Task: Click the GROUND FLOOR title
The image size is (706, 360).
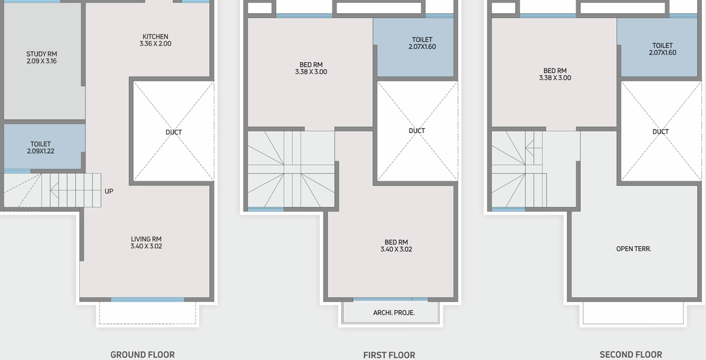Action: click(142, 354)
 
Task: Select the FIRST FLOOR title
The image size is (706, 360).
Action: click(389, 355)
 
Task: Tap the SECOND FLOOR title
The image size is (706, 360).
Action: click(631, 354)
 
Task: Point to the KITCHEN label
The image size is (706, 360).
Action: click(155, 37)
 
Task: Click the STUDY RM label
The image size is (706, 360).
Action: click(41, 54)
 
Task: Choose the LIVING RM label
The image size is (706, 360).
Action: click(146, 239)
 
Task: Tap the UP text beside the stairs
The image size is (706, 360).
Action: click(109, 191)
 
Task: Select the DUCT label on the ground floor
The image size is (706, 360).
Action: click(173, 132)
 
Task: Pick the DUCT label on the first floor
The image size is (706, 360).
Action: click(416, 130)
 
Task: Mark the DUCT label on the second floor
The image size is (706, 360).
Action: click(660, 132)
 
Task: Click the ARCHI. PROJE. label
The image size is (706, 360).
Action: click(394, 312)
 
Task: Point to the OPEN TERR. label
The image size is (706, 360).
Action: click(634, 249)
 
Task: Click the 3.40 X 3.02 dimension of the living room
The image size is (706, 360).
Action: click(146, 246)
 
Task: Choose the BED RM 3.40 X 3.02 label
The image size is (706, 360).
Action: click(396, 246)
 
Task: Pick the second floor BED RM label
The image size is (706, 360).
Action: click(555, 74)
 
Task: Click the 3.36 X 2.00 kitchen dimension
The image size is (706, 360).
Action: click(155, 43)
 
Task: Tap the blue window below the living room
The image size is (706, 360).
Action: click(148, 299)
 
